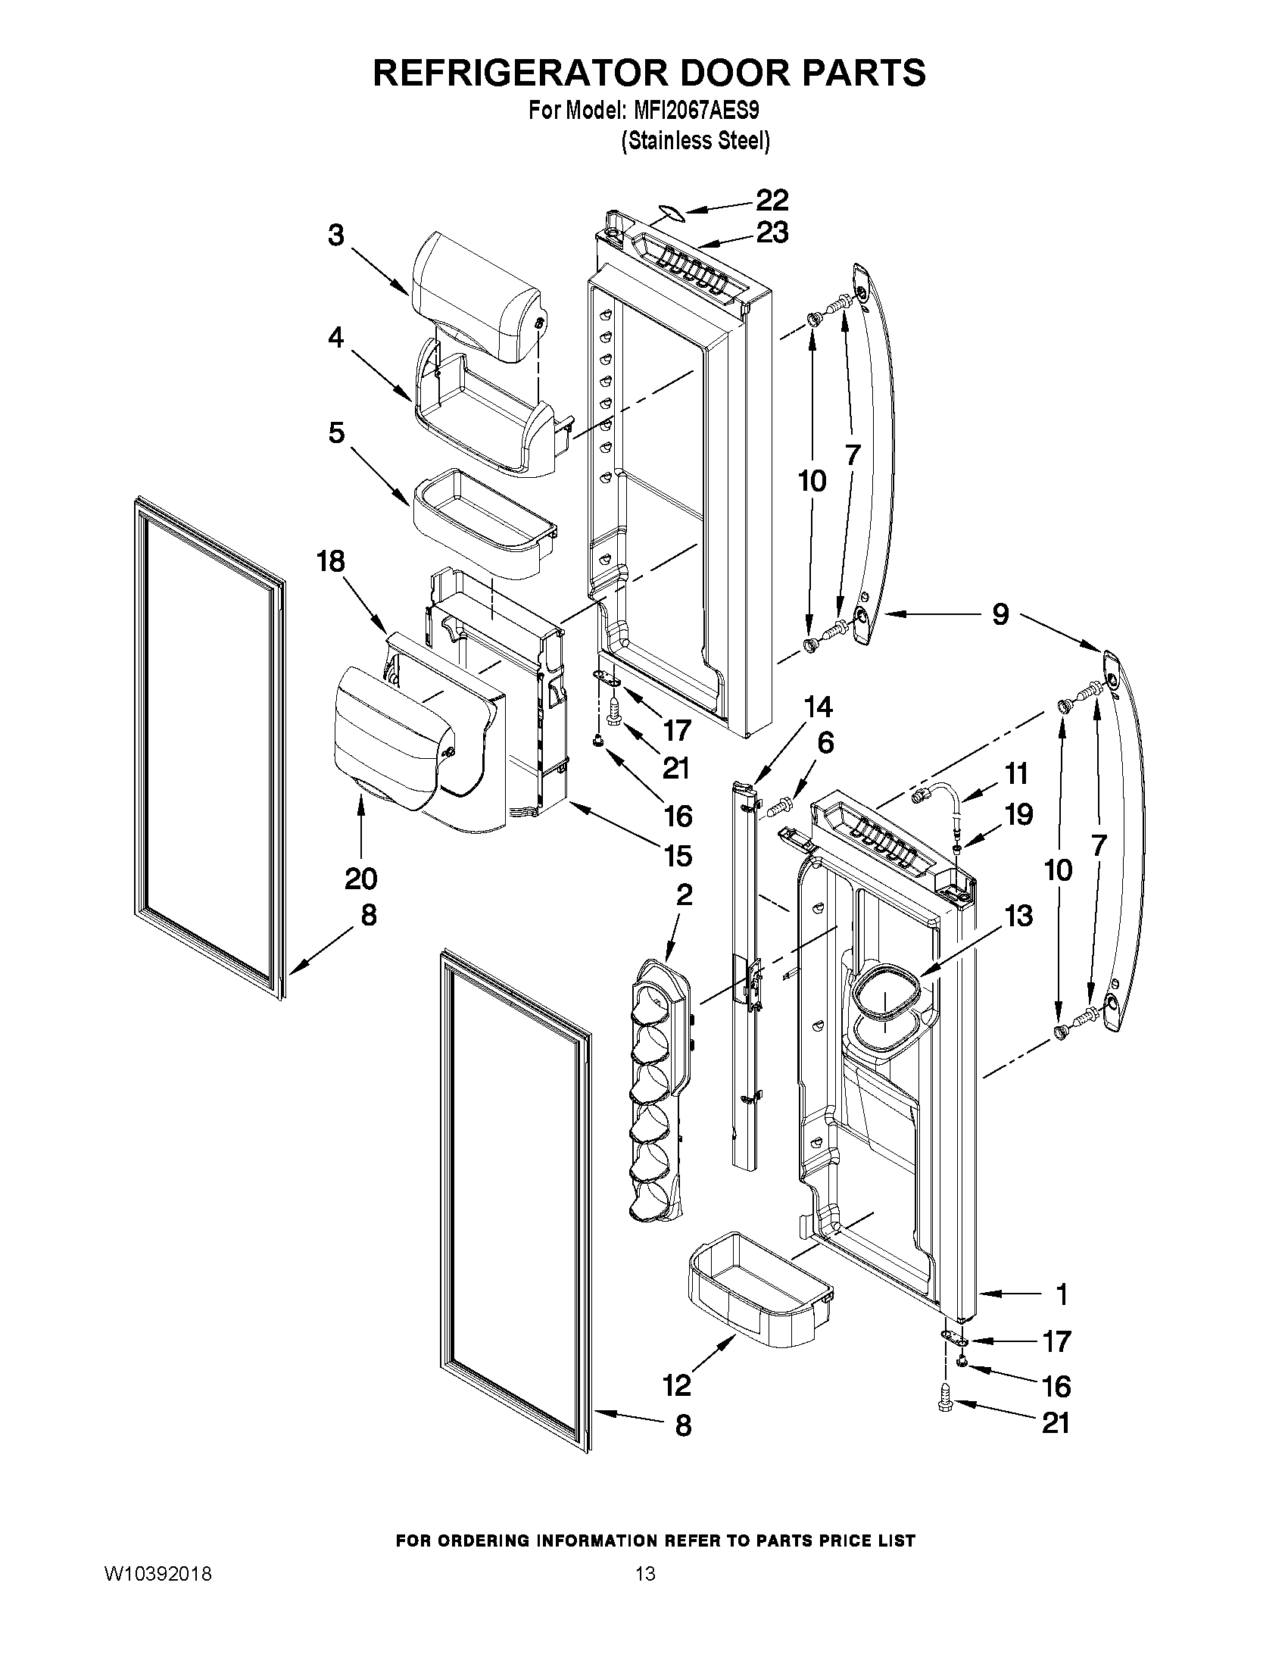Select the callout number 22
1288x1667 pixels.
pyautogui.click(x=772, y=200)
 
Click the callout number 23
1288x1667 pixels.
pyautogui.click(x=772, y=232)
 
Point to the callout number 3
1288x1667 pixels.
pyautogui.click(x=336, y=235)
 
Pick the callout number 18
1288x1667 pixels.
pyautogui.click(x=331, y=561)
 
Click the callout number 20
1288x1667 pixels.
pyautogui.click(x=360, y=879)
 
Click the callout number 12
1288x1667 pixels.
pyautogui.click(x=676, y=1384)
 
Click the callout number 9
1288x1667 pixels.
pyautogui.click(x=1000, y=613)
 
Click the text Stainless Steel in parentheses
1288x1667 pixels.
pyautogui.click(x=695, y=141)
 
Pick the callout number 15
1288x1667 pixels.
pyautogui.click(x=678, y=856)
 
